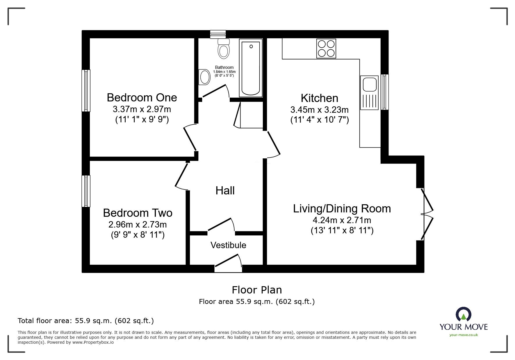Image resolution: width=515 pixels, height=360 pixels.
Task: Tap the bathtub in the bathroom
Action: tap(251, 68)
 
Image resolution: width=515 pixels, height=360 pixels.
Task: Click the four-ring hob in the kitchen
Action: tap(326, 48)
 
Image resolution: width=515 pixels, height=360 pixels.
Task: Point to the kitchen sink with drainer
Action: tap(369, 92)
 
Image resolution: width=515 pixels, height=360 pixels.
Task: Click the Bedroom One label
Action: tap(142, 97)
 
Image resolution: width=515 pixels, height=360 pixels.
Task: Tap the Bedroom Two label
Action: tap(138, 213)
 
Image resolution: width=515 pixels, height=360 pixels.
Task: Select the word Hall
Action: tap(225, 191)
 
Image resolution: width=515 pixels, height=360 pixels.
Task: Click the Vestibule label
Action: tap(228, 245)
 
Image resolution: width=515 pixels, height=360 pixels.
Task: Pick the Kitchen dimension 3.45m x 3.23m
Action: tap(319, 110)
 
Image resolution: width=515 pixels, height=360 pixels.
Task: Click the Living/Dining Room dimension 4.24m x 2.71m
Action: tap(342, 220)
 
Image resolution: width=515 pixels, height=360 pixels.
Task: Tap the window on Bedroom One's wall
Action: tap(86, 91)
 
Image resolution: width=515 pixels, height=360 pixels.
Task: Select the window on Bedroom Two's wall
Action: tap(86, 191)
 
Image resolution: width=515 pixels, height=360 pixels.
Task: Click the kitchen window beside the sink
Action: tap(384, 92)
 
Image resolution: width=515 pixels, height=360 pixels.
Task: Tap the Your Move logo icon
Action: tap(463, 315)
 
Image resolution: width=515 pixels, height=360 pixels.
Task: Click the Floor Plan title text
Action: tap(257, 290)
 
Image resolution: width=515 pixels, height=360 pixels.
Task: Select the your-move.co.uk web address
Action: tap(464, 335)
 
